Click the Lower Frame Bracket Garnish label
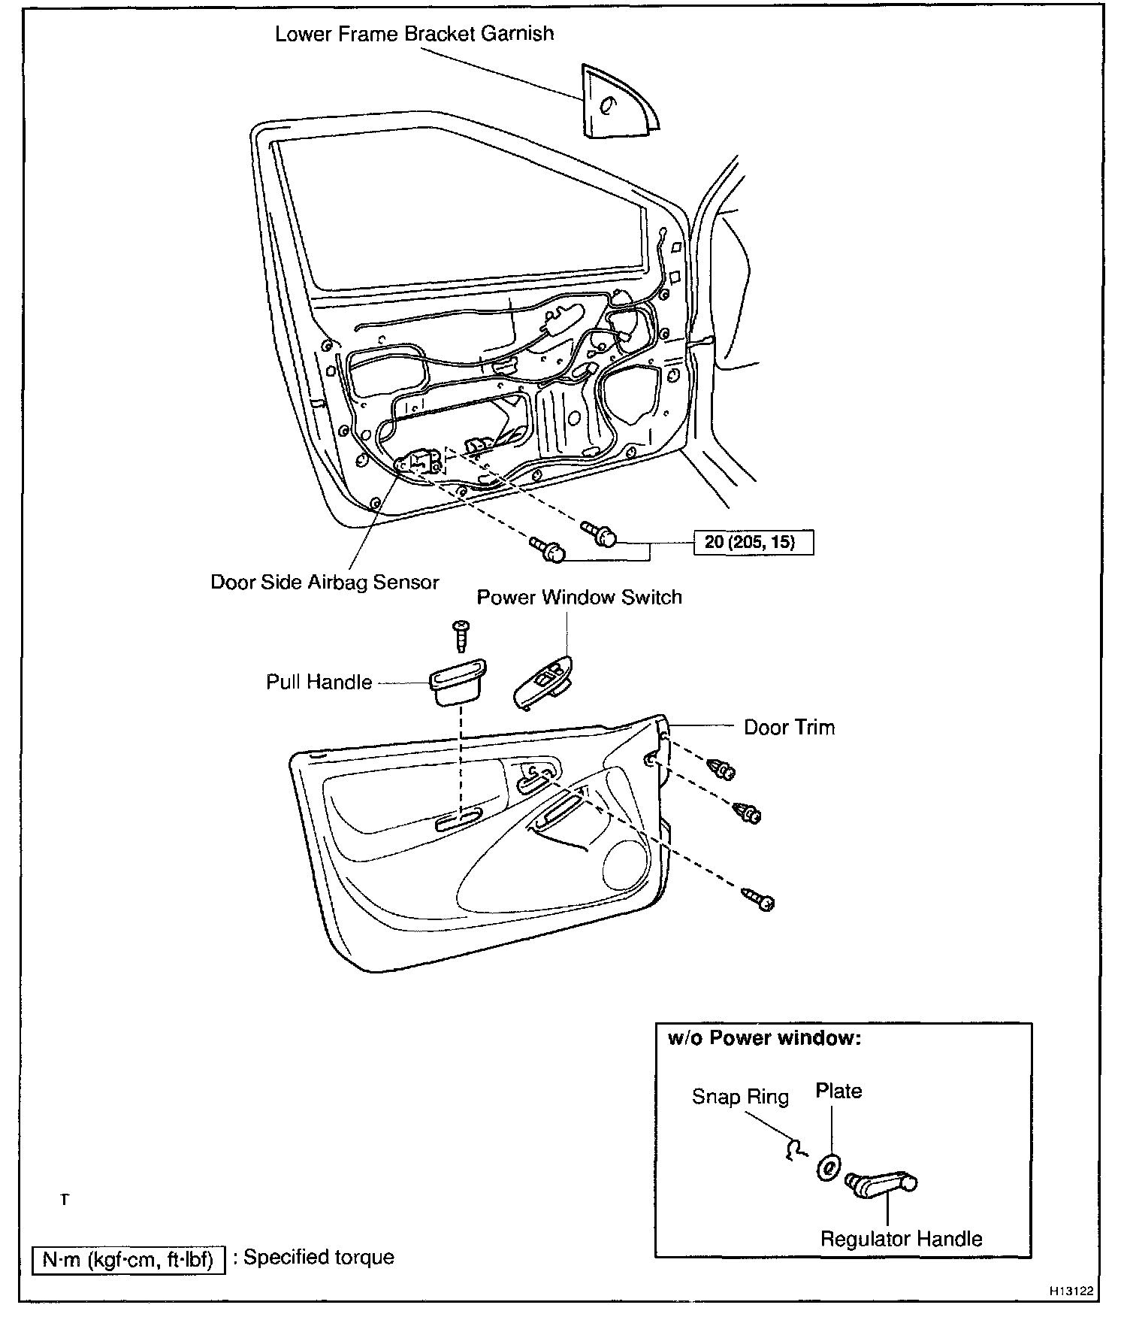coord(414,34)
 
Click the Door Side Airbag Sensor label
coord(325,582)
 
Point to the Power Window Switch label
coord(579,598)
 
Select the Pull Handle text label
coord(319,682)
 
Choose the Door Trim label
coord(789,727)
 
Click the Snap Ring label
coord(740,1097)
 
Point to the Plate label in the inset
coord(838,1091)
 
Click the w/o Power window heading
coord(764,1038)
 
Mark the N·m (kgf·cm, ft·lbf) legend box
coord(128,1258)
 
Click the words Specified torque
coord(319,1257)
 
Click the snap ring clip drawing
coord(795,1149)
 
